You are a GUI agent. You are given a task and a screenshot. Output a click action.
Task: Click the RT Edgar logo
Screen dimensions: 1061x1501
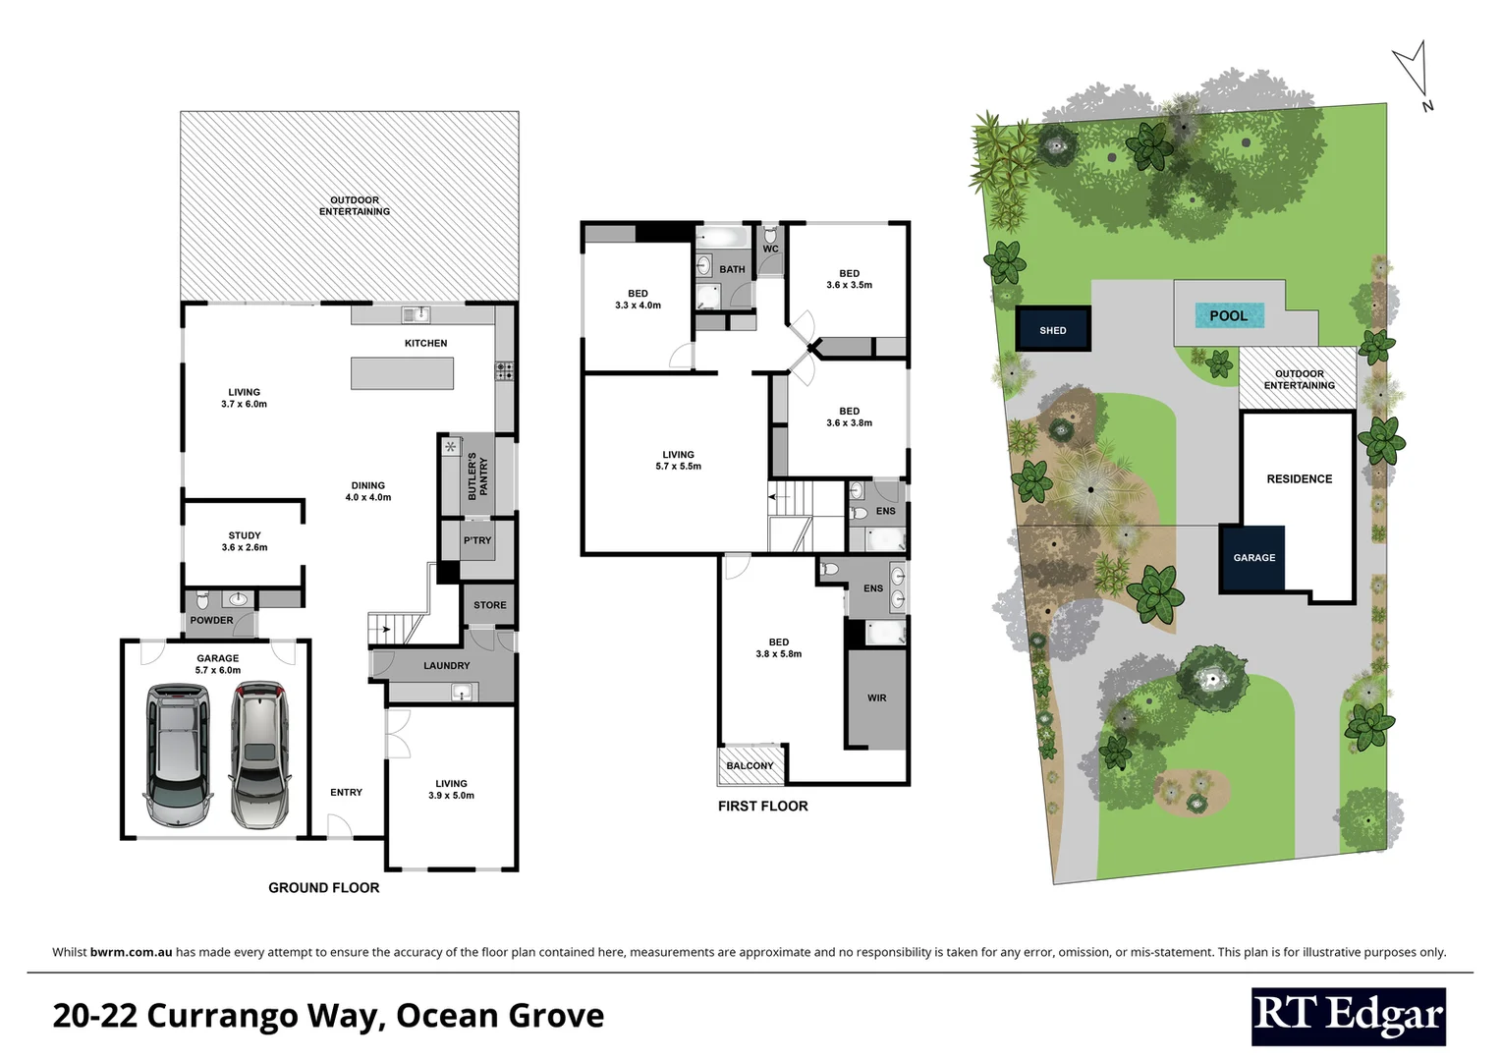[x=1348, y=1017]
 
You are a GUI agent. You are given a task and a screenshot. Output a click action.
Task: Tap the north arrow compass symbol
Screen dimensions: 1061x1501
[x=1412, y=74]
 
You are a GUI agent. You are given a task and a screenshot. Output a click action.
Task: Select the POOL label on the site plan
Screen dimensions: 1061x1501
[x=1228, y=315]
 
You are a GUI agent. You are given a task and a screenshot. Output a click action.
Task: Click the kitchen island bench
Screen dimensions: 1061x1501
[x=403, y=373]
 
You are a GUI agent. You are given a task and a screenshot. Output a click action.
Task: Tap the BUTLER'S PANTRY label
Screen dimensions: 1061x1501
[x=477, y=475]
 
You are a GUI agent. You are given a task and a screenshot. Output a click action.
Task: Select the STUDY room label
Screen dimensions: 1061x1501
[x=245, y=535]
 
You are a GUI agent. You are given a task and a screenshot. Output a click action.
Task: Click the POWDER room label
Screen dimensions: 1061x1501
[x=211, y=620]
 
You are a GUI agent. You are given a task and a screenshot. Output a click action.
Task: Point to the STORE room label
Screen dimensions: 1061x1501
[x=489, y=605]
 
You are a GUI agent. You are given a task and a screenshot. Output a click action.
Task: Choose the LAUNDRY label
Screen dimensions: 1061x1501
[x=446, y=665]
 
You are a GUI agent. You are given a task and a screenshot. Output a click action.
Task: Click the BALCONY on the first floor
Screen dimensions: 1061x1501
[x=750, y=766]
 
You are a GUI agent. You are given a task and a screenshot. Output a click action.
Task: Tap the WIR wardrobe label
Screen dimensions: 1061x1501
[x=876, y=698]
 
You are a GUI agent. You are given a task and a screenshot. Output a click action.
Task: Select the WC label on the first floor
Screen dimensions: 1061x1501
[x=770, y=249]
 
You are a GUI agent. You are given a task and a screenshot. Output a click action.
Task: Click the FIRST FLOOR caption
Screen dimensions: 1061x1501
[x=762, y=806]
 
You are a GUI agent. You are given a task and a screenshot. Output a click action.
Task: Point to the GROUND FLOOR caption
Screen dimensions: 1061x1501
[x=323, y=887]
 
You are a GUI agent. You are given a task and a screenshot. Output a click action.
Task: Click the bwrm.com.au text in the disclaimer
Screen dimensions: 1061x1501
[x=131, y=952]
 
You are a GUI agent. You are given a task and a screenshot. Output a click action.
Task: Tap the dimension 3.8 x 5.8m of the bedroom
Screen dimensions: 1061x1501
[x=778, y=654]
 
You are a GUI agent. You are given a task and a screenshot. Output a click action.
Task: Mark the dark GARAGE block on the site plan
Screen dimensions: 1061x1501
[x=1253, y=557]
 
